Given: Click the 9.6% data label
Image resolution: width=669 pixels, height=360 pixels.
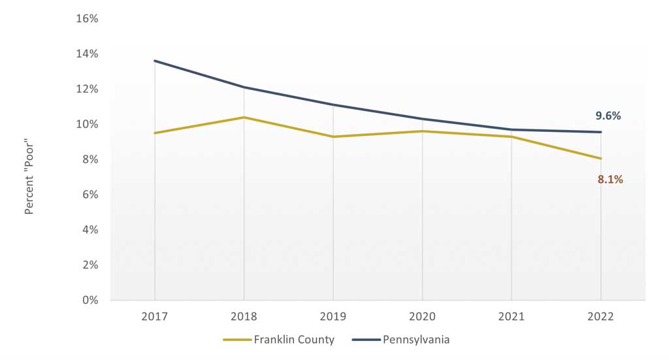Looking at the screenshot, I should tap(608, 116).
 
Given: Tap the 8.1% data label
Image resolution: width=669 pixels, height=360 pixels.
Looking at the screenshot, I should tap(610, 179).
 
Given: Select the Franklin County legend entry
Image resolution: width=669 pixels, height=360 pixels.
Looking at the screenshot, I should tap(279, 340).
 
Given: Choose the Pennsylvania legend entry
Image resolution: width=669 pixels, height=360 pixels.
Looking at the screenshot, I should tap(400, 340).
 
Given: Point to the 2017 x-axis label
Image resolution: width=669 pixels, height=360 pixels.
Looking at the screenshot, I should tap(155, 316).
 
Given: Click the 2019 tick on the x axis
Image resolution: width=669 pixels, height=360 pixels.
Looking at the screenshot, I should tap(333, 316).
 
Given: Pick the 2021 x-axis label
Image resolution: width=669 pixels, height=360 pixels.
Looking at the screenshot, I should tap(512, 316).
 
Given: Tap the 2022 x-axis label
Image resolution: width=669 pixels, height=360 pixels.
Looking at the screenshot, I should tap(600, 316).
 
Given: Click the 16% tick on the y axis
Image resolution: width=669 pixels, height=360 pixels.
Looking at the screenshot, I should tap(87, 19).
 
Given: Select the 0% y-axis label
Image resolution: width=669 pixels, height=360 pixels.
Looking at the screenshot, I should tap(90, 301).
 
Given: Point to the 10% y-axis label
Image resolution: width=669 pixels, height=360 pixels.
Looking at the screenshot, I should tap(87, 124).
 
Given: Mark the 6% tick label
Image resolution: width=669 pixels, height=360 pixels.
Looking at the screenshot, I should tap(90, 195).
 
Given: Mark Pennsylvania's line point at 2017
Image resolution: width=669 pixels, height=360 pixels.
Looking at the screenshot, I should tap(155, 61).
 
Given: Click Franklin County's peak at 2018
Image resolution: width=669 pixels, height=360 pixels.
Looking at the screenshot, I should tap(244, 118).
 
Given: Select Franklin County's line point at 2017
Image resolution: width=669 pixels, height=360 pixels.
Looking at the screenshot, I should tap(155, 133).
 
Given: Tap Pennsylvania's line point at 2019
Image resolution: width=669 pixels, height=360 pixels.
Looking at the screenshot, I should tap(333, 105).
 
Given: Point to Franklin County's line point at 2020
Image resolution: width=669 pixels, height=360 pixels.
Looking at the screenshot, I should tap(423, 131).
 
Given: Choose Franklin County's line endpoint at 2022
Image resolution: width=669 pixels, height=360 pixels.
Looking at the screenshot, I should tap(600, 158).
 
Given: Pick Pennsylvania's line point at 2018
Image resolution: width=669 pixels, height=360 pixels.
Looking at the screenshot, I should tap(244, 88).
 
